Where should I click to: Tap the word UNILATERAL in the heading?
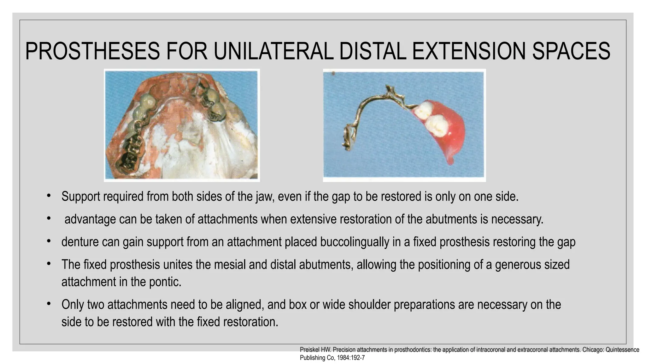pos(273,51)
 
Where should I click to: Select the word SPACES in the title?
pos(571,51)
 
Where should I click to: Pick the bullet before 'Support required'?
pos(49,196)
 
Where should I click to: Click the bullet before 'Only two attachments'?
pos(49,304)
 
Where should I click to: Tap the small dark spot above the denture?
pos(333,73)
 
